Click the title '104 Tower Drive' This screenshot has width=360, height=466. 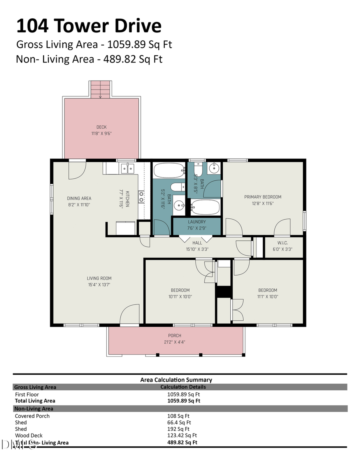tap(88, 26)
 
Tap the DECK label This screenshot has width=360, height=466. tap(101, 127)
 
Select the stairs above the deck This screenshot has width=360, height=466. tap(100, 89)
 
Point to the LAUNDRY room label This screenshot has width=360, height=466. tap(196, 222)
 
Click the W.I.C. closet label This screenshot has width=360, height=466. tap(282, 243)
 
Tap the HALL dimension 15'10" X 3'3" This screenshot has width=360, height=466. tap(197, 249)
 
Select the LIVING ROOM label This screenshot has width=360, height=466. tap(99, 278)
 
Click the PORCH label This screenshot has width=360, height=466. tap(174, 336)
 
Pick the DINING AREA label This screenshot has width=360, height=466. tap(79, 198)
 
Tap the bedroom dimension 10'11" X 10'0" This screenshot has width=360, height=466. tap(180, 297)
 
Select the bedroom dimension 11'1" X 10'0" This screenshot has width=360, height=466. tap(267, 297)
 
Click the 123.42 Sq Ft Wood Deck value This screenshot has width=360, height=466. tap(182, 436)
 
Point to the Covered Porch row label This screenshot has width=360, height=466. tap(32, 416)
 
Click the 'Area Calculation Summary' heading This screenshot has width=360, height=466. tap(176, 380)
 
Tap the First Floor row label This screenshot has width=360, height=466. tap(27, 394)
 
